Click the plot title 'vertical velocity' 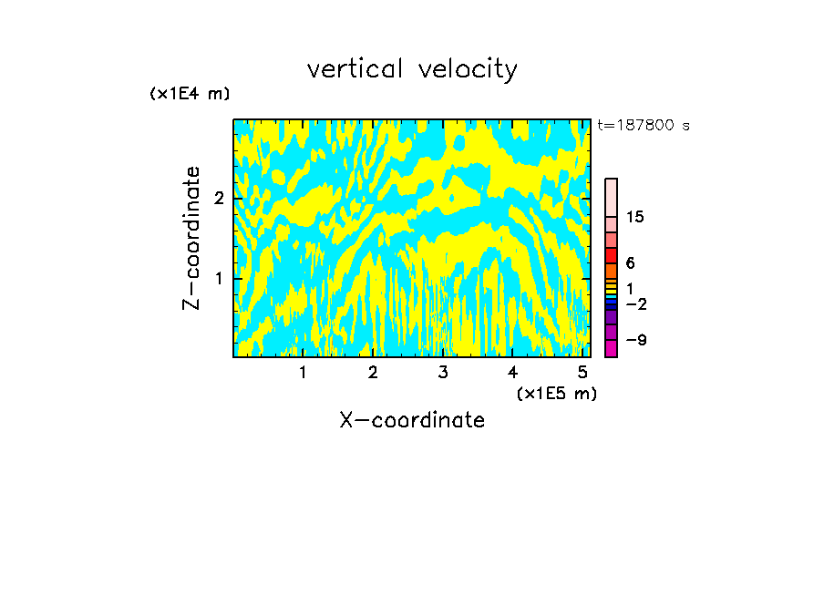(412, 69)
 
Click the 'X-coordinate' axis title (412, 420)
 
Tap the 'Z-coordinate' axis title (191, 238)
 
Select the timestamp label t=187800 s (644, 126)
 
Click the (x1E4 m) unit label (190, 94)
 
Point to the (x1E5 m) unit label (556, 394)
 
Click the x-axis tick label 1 (304, 373)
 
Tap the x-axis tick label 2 (373, 373)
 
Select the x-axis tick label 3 (443, 373)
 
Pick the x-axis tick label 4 (512, 373)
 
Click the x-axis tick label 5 (582, 373)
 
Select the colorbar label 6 (630, 263)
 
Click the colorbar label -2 (636, 303)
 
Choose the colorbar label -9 (636, 340)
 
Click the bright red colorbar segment (611, 255)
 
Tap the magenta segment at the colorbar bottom (611, 348)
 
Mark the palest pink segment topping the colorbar (611, 197)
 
